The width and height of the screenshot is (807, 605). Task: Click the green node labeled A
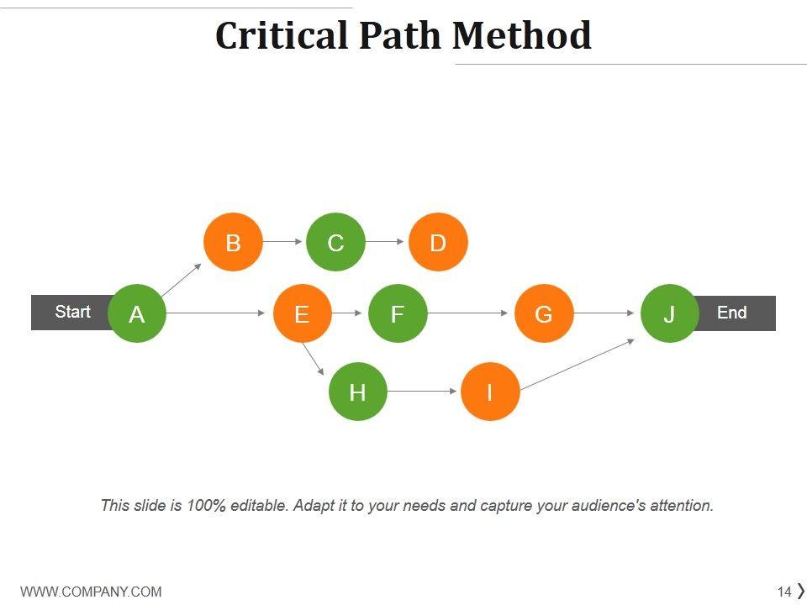[137, 313]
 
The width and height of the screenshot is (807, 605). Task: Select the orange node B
[233, 242]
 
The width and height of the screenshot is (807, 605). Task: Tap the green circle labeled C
[335, 242]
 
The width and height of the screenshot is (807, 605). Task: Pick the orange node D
[438, 242]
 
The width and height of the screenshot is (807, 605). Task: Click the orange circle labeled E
[302, 313]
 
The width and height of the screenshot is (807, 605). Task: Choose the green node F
[398, 313]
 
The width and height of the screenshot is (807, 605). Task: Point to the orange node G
[544, 313]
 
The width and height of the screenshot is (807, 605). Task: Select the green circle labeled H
[357, 392]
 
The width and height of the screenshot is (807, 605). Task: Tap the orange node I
[490, 392]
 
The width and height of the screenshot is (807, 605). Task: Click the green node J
[670, 313]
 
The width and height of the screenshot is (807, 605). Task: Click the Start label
[72, 312]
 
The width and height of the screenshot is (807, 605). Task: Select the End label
[731, 313]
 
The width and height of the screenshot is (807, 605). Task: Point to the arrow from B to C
[283, 242]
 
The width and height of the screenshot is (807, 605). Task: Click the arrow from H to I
[423, 392]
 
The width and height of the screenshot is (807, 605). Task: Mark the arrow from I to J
[578, 366]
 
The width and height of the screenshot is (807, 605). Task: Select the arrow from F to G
[470, 313]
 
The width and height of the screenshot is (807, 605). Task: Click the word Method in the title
[521, 35]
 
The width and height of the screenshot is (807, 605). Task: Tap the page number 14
[784, 592]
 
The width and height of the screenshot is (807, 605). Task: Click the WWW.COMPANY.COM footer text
[91, 592]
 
